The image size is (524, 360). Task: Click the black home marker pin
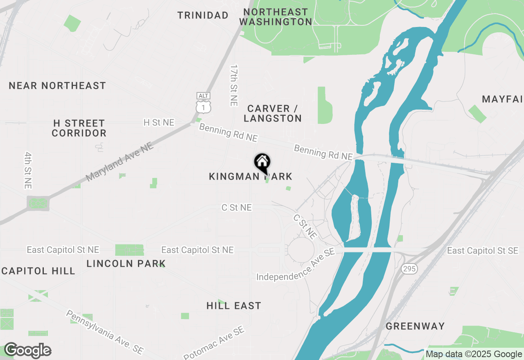[x=262, y=163]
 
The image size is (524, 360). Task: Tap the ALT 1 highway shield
[x=203, y=103]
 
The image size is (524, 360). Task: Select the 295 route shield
[x=409, y=269]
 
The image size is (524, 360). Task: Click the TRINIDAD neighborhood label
[x=203, y=16]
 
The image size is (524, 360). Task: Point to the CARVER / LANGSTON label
[x=272, y=113]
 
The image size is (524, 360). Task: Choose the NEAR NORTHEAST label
[x=57, y=85]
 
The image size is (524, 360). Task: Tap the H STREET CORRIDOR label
[x=79, y=128]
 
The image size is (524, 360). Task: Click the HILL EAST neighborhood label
[x=234, y=306]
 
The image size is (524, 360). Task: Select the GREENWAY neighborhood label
[x=415, y=326]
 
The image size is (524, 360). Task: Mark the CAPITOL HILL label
[x=38, y=271]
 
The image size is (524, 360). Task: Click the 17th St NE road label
[x=234, y=85]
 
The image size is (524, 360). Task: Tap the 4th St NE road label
[x=28, y=170]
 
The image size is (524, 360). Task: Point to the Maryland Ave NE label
[x=119, y=162]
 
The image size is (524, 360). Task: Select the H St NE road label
[x=159, y=123]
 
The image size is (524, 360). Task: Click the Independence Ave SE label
[x=296, y=266]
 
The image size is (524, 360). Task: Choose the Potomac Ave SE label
[x=214, y=343]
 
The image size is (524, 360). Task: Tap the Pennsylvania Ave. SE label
[x=105, y=332]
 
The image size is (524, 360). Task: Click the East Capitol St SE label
[x=485, y=250]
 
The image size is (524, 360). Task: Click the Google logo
[x=27, y=351]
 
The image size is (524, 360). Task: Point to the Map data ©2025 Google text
[x=473, y=354]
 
